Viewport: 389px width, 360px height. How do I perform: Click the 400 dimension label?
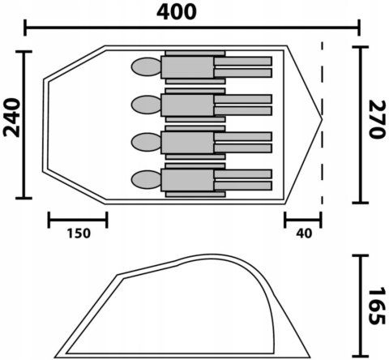(x=177, y=12)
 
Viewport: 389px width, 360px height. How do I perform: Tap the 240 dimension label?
(x=11, y=118)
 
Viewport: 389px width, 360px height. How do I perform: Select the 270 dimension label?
(x=377, y=119)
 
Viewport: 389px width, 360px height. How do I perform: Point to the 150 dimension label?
(x=79, y=234)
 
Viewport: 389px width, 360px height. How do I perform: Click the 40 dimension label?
(x=304, y=234)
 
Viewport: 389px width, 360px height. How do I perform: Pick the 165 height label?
(x=377, y=306)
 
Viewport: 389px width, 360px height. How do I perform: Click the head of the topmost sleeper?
(x=146, y=66)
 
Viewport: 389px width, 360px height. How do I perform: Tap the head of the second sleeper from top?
(x=146, y=105)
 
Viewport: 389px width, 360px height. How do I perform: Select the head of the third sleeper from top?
(x=146, y=142)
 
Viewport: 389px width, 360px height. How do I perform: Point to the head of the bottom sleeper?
(x=146, y=179)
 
